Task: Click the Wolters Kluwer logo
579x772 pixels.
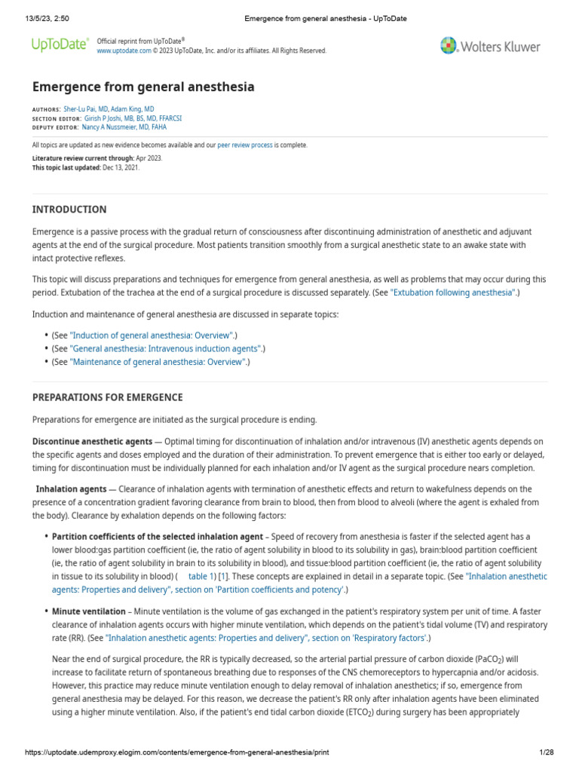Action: point(490,46)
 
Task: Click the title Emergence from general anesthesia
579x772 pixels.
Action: point(143,87)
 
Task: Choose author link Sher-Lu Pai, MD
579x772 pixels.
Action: point(85,109)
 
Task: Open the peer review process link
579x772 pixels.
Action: point(245,145)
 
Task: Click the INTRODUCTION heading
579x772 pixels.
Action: point(69,210)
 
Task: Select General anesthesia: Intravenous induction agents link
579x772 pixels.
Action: point(166,348)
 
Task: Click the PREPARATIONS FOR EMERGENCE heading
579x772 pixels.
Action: point(107,397)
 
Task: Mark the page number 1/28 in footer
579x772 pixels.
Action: point(547,752)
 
